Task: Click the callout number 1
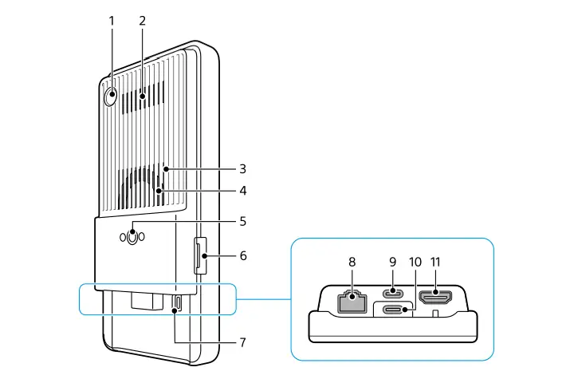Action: pyautogui.click(x=112, y=21)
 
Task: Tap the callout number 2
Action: pyautogui.click(x=142, y=21)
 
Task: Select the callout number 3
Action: pyautogui.click(x=242, y=169)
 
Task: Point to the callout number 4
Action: pyautogui.click(x=242, y=191)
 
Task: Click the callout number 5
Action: pyautogui.click(x=242, y=221)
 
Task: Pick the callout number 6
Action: pyautogui.click(x=242, y=256)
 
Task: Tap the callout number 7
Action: pyautogui.click(x=242, y=342)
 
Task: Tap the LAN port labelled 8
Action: pyautogui.click(x=348, y=302)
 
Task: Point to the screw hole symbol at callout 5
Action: pyautogui.click(x=134, y=237)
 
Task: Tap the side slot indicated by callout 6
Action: pyautogui.click(x=199, y=256)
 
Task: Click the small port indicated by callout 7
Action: pyautogui.click(x=177, y=303)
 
